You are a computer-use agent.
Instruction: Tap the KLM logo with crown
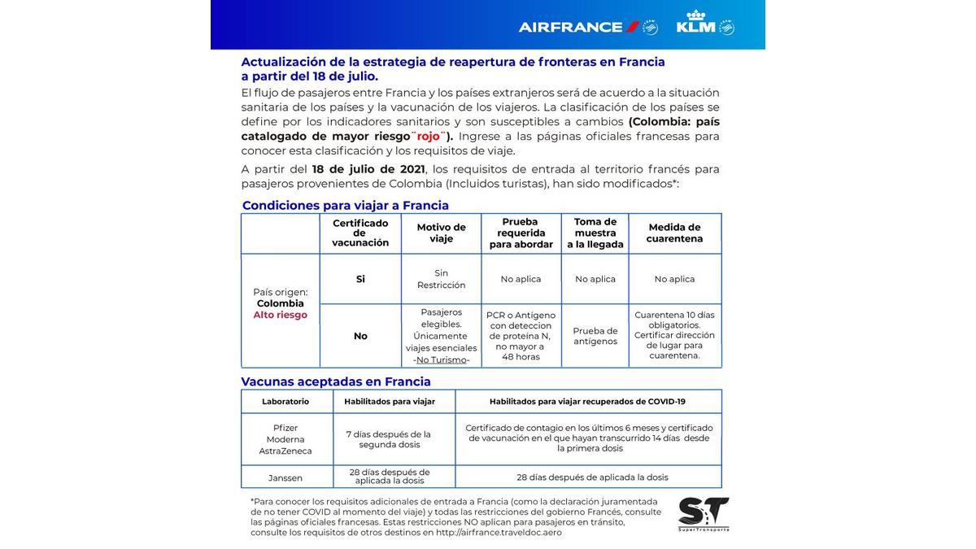tap(704, 24)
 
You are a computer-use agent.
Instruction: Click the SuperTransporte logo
tap(704, 514)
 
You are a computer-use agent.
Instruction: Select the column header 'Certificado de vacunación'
tap(360, 233)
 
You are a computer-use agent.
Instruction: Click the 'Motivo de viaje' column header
tap(441, 233)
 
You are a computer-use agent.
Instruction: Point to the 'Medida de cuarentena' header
tap(674, 233)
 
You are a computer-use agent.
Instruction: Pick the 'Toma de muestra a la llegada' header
tap(595, 233)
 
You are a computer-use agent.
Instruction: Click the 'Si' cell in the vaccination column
tap(360, 279)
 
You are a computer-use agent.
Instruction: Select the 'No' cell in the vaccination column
tap(360, 336)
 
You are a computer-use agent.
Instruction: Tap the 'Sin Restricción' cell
tap(441, 279)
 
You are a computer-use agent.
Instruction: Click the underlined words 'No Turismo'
tap(442, 359)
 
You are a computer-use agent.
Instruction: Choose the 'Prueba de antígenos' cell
tap(595, 336)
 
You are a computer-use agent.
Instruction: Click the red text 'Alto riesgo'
tap(281, 315)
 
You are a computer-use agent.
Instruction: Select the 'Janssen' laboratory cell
tap(285, 477)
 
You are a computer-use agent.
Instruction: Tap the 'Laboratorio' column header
tap(285, 401)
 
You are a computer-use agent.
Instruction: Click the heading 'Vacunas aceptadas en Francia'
tap(336, 381)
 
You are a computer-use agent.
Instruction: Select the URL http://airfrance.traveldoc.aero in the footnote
tap(499, 533)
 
